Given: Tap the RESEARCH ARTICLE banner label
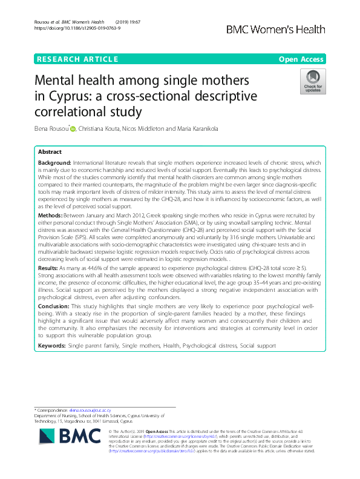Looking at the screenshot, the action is pos(77,59).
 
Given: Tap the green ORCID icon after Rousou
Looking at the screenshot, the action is pos(74,128).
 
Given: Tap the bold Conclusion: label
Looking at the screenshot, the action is pos(53,307).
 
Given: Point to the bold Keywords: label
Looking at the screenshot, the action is pos(52,345).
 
